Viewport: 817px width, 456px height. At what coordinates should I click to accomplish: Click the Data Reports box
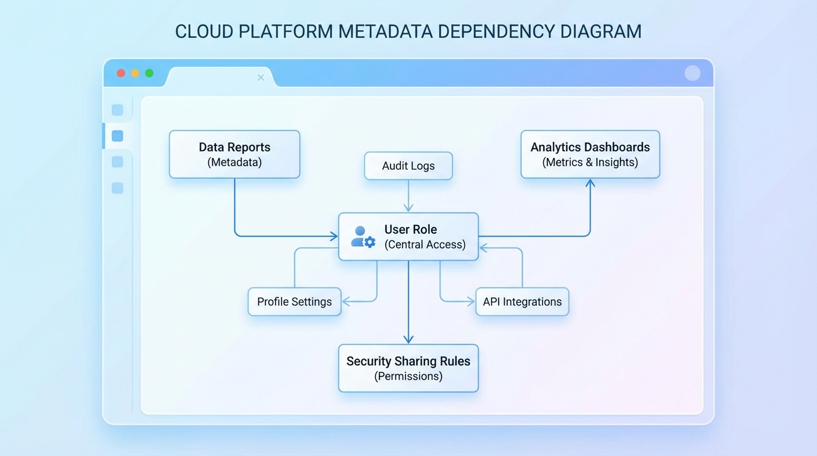[x=235, y=154]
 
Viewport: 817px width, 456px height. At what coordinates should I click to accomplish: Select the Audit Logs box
[x=408, y=166]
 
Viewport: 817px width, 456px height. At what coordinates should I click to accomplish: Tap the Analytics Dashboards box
[x=590, y=154]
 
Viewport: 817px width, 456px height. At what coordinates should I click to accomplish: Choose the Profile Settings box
[x=294, y=302]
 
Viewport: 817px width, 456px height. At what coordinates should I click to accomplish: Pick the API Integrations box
[x=522, y=302]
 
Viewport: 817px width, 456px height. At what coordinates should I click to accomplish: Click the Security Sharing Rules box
[x=408, y=368]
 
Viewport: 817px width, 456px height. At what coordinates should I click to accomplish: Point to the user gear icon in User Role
[x=363, y=236]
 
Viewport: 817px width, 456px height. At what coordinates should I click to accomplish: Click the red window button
[x=121, y=73]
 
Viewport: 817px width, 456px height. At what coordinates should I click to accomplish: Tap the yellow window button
[x=135, y=73]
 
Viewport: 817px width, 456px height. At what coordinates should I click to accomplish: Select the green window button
[x=150, y=73]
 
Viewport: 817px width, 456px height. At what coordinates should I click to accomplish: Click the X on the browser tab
[x=261, y=77]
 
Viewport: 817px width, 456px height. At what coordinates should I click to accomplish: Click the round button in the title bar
[x=692, y=73]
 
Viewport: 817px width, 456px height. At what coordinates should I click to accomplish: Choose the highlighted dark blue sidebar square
[x=118, y=136]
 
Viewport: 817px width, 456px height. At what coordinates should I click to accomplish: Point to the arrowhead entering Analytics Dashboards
[x=590, y=183]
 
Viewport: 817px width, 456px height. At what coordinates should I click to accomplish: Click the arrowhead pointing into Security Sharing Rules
[x=408, y=339]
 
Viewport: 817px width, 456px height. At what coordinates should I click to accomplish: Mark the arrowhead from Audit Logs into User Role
[x=408, y=207]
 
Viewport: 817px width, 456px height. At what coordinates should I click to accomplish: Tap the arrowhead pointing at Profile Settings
[x=347, y=302]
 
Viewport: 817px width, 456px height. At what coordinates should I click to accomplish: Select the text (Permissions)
[x=408, y=376]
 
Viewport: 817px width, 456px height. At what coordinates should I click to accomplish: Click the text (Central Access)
[x=425, y=245]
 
